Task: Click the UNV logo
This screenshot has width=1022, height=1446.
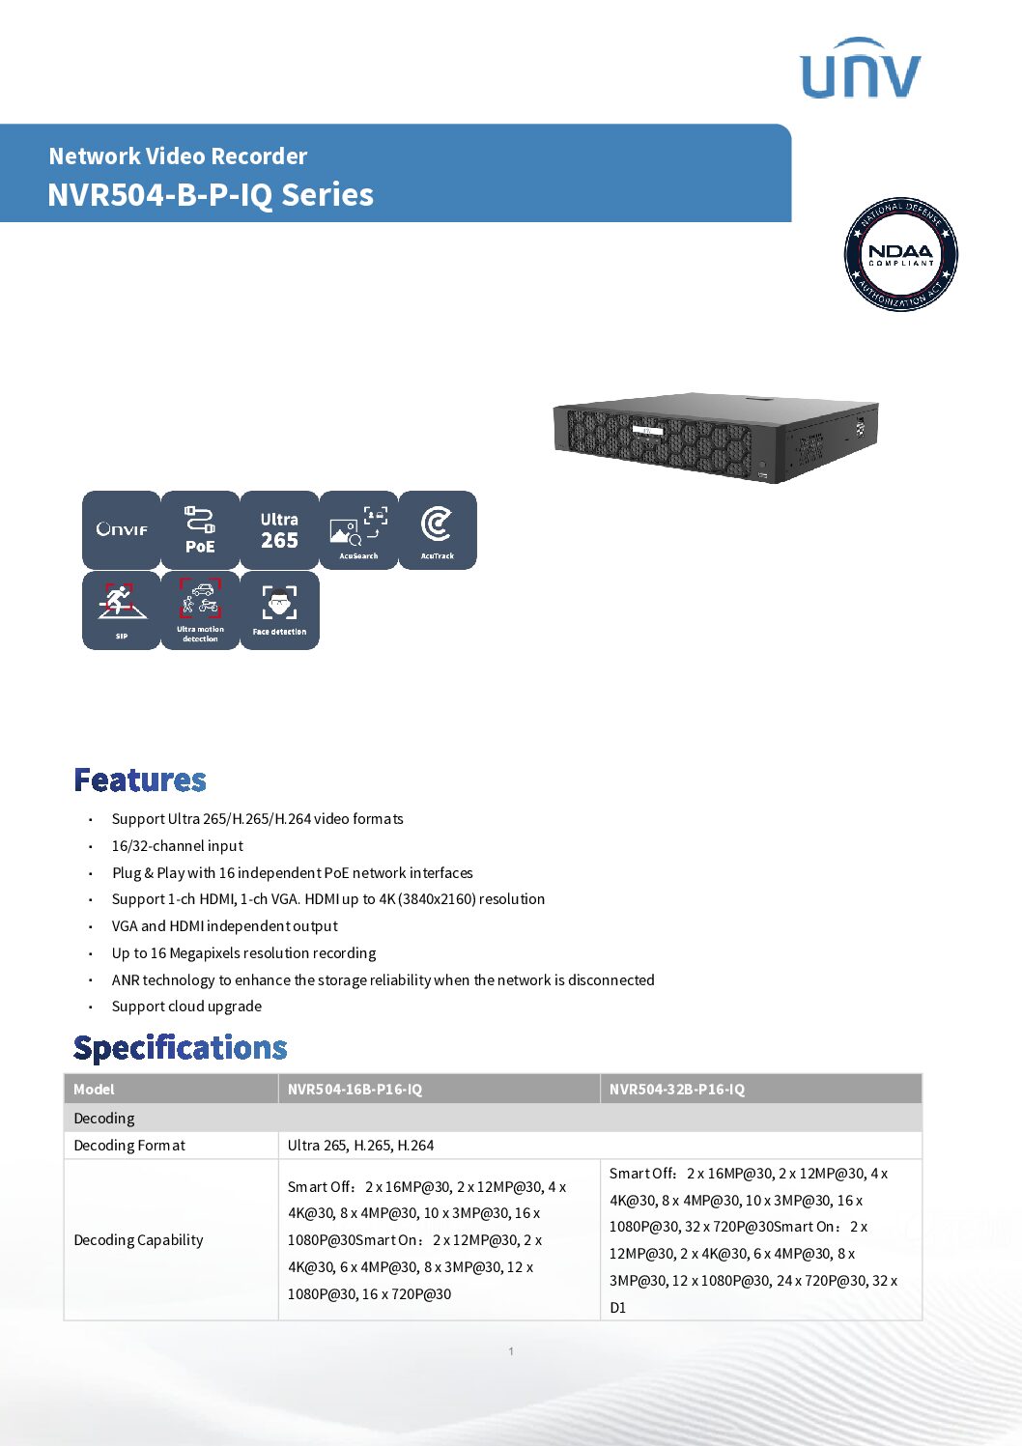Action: (x=861, y=69)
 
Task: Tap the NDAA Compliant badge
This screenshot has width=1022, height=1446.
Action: (x=900, y=255)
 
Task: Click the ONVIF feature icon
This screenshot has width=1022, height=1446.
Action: (x=122, y=529)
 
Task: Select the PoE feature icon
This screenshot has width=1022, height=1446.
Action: (x=200, y=529)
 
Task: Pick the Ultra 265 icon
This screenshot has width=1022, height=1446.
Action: (x=279, y=529)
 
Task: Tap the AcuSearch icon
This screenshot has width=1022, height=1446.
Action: (x=358, y=529)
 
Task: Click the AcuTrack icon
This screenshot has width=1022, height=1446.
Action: (x=438, y=529)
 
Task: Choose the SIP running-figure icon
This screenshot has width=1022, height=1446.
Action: (x=122, y=610)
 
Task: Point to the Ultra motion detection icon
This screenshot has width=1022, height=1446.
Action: (x=200, y=610)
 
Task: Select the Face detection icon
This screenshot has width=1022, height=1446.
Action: (x=279, y=610)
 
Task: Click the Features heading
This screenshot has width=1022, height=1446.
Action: (x=140, y=780)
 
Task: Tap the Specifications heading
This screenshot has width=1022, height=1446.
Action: (x=181, y=1048)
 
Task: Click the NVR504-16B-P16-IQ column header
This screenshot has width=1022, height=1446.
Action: (x=355, y=1089)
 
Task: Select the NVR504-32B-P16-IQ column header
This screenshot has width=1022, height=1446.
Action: (x=677, y=1089)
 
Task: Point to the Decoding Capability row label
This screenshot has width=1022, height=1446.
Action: (x=139, y=1239)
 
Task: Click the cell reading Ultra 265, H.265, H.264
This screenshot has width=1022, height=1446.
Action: (x=361, y=1145)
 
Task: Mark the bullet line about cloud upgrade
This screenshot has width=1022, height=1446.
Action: (x=186, y=1006)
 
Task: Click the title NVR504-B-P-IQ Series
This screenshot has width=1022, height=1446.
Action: (x=211, y=194)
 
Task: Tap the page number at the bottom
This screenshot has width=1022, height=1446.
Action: (x=511, y=1350)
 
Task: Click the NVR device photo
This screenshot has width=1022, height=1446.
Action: (x=715, y=437)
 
